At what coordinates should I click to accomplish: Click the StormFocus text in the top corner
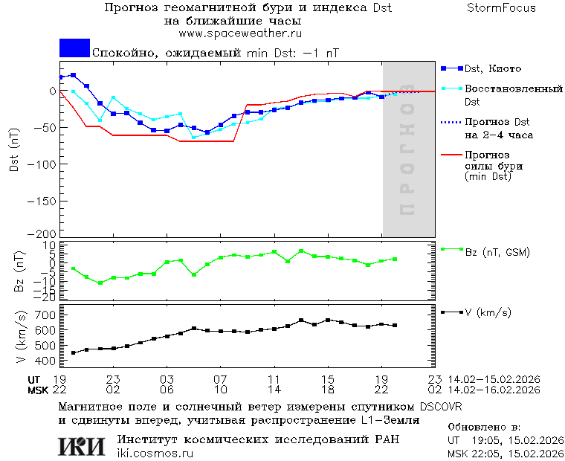tap(501, 8)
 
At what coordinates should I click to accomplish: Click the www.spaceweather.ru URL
tap(239, 33)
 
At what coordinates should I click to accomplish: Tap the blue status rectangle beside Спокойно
tap(74, 48)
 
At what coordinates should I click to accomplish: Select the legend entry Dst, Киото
tap(493, 69)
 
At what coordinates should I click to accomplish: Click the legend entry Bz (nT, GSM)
tap(497, 252)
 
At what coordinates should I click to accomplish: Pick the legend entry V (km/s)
tap(488, 312)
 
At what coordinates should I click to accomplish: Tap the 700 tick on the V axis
tap(46, 315)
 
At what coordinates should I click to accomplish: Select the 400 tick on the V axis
tap(46, 361)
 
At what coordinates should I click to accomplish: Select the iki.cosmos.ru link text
tap(155, 454)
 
